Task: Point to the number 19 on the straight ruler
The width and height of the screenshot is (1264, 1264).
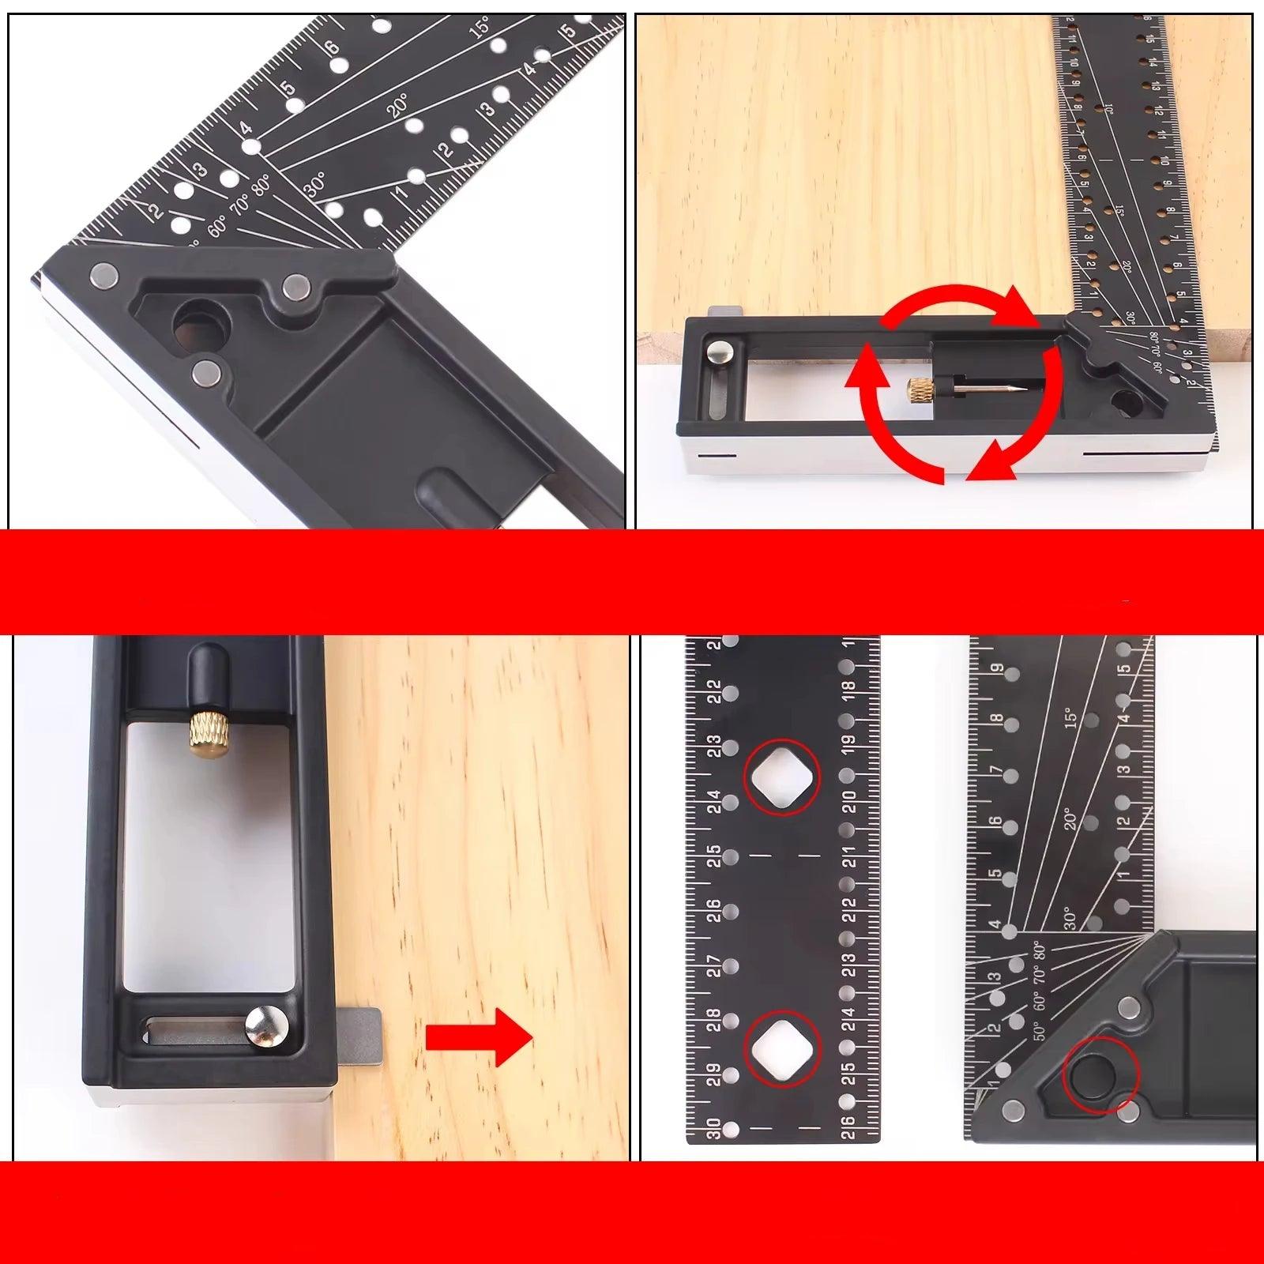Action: [848, 747]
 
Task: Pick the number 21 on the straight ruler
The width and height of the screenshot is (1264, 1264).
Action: [848, 856]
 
